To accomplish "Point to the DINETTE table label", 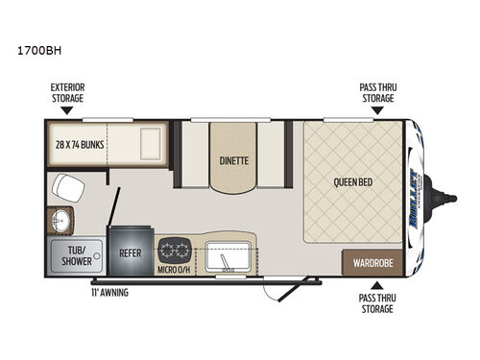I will pos(233,160).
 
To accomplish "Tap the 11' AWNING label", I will pos(109,292).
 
